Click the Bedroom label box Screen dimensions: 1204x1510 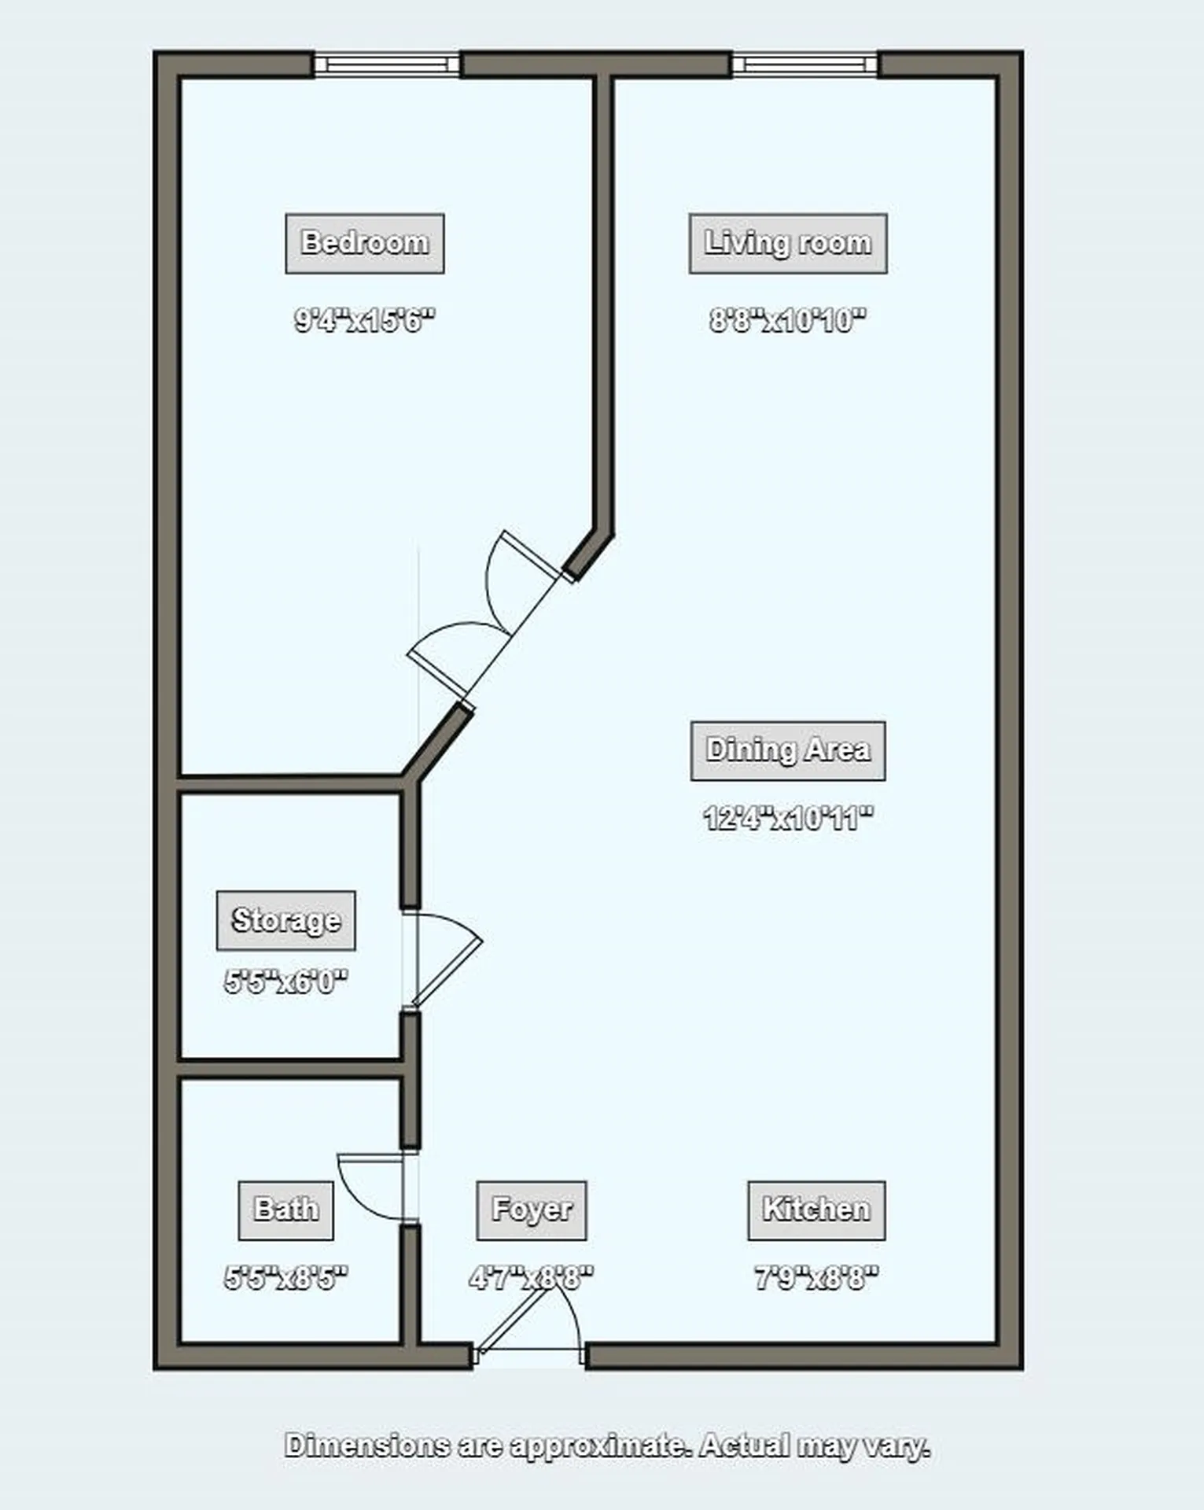coord(364,243)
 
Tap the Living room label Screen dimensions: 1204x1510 coord(788,243)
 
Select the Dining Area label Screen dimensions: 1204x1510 coord(788,750)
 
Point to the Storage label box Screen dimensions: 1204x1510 coord(285,920)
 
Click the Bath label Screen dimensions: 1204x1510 coord(285,1210)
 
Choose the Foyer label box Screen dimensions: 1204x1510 coord(532,1210)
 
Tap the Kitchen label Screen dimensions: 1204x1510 coord(816,1210)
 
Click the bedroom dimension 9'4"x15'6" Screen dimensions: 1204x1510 coord(364,320)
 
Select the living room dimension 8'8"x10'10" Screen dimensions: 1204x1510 coord(788,320)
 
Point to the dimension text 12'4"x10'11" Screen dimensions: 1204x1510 coord(788,819)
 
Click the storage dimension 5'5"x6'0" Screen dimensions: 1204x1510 coord(285,981)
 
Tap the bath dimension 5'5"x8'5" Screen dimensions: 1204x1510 coord(285,1278)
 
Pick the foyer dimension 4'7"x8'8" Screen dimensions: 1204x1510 coord(532,1278)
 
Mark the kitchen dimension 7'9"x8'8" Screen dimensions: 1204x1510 coord(816,1278)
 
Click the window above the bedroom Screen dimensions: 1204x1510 coord(387,64)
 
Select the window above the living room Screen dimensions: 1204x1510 coord(805,64)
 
